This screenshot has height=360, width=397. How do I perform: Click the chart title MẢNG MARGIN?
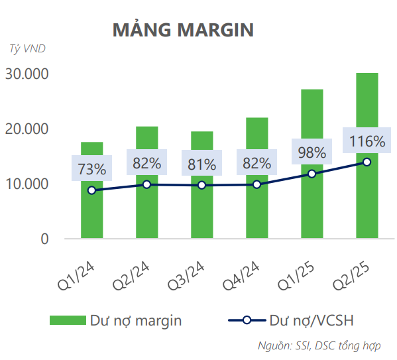(x=183, y=30)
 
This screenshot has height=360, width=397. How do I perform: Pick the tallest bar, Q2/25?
(x=367, y=199)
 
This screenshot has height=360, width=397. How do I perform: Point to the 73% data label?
(x=91, y=169)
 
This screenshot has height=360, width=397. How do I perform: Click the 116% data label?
(x=366, y=141)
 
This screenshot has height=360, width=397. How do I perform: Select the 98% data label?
(x=312, y=152)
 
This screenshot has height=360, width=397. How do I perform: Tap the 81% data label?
(x=201, y=164)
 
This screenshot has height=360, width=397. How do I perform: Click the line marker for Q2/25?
(x=367, y=162)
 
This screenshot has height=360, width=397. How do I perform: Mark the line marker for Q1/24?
(x=91, y=190)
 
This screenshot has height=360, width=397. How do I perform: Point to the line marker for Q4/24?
(x=256, y=184)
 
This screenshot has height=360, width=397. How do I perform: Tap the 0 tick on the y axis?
(x=45, y=239)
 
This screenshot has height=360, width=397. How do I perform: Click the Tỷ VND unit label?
(x=28, y=48)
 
